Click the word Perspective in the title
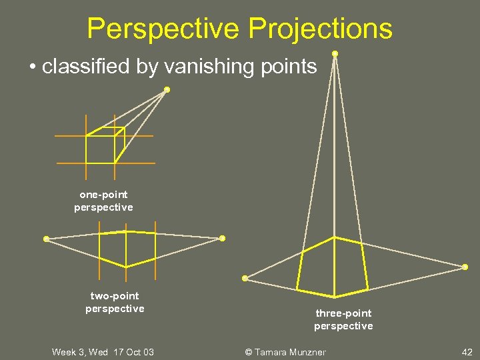pos(163,29)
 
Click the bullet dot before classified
pos(32,67)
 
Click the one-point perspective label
pos(103,201)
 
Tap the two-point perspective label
pos(115,302)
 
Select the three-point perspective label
pos(343,319)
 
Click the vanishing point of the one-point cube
pos(167,89)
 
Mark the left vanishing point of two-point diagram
pos(46,239)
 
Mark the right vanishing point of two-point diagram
pos(222,238)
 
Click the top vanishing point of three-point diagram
pos(335,53)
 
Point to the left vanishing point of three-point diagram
pos(245,278)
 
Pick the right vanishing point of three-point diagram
pos(465,267)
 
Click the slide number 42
pos(467,352)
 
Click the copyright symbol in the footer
pos(249,352)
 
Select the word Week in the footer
pos(63,352)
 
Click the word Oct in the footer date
pos(131,352)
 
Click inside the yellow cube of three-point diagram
pos(333,267)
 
